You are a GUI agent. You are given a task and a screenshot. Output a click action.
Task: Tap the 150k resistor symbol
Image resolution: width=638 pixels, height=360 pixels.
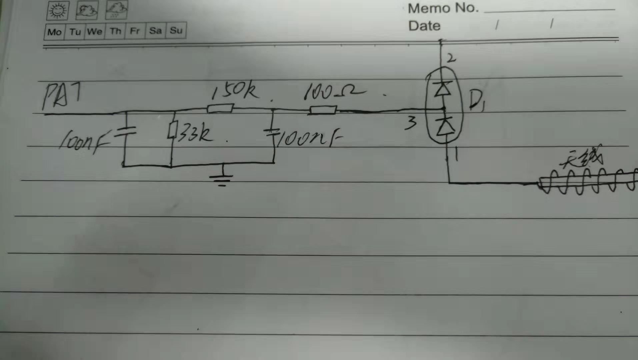[220, 108]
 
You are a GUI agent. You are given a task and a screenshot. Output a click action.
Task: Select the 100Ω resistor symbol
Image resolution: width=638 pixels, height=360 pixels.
[323, 110]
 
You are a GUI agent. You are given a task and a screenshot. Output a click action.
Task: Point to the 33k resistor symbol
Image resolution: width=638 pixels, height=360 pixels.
[172, 130]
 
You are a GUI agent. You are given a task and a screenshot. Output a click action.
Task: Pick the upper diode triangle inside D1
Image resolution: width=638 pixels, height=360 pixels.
[443, 89]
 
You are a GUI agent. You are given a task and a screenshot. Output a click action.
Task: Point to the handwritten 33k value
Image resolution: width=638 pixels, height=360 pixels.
[195, 134]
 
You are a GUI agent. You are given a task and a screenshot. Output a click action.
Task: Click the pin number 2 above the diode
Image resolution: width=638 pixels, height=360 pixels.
[451, 59]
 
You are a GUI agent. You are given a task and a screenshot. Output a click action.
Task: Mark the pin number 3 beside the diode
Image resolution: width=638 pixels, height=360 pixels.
[411, 123]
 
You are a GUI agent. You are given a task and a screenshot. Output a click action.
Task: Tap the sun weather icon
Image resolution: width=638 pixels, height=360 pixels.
[58, 11]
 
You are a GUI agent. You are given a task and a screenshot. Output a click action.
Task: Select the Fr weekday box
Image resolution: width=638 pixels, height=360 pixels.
[135, 31]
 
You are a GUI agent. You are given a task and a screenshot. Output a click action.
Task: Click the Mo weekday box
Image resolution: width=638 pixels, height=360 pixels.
[54, 32]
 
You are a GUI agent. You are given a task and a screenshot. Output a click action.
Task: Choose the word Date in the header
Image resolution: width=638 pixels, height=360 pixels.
[424, 26]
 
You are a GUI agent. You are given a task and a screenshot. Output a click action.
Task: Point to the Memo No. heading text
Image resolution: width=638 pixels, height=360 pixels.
[443, 8]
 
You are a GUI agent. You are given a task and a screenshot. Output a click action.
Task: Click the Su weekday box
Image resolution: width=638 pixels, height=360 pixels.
[176, 31]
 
